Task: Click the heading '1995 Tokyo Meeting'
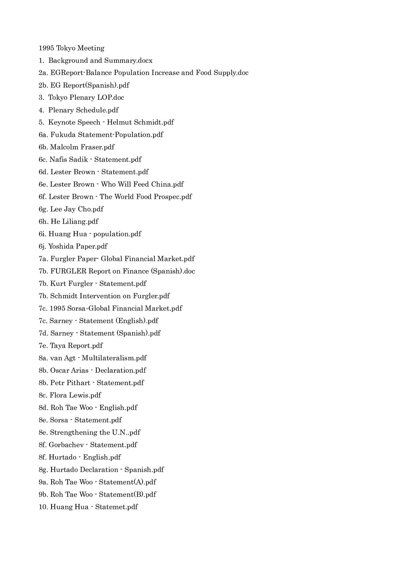[71, 48]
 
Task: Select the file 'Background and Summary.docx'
[100, 61]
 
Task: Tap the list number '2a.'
[43, 73]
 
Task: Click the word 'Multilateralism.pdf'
[114, 358]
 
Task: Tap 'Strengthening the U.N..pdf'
[95, 433]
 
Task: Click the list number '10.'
[44, 507]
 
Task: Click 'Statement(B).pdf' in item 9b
[127, 495]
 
